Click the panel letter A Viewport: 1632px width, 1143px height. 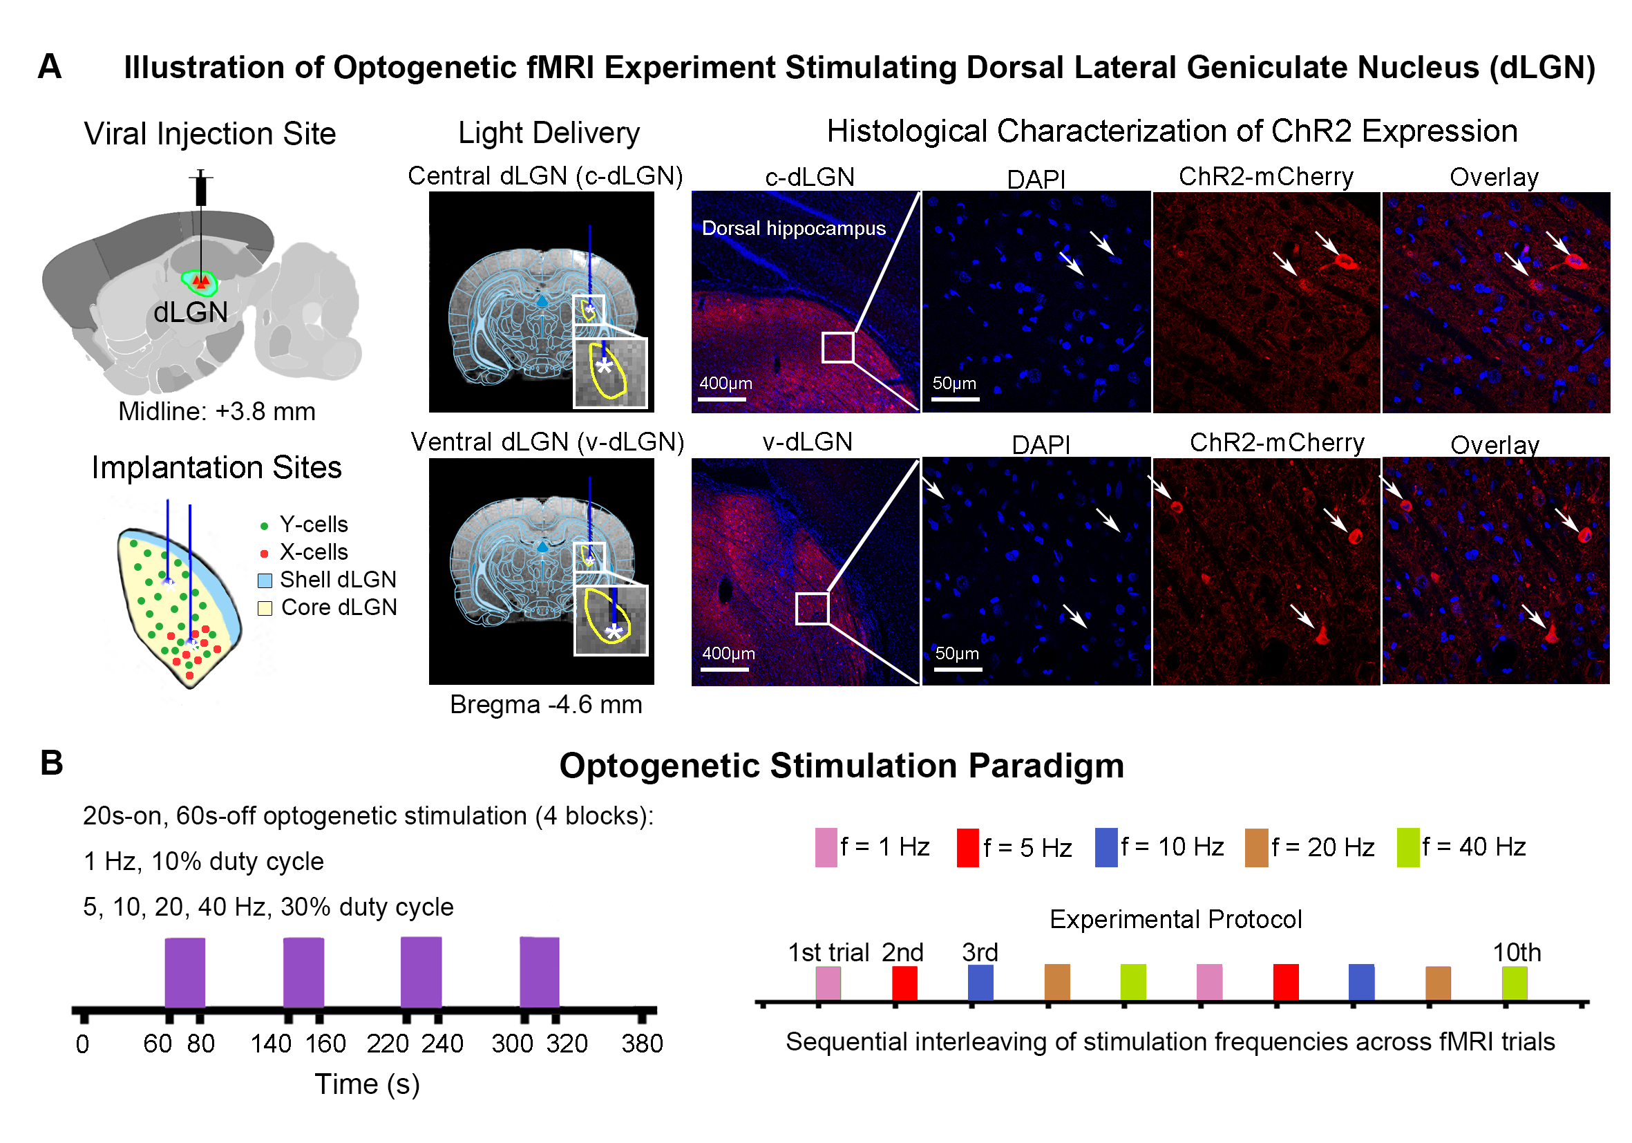click(49, 67)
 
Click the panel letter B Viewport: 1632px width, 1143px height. click(51, 763)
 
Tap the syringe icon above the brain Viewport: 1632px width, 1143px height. click(201, 189)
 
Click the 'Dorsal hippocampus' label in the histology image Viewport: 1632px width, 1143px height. click(793, 228)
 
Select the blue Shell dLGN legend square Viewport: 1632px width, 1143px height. click(265, 580)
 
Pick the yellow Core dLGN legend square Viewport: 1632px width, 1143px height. click(265, 608)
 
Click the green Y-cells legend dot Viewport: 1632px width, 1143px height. click(265, 526)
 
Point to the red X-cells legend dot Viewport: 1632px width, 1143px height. click(265, 553)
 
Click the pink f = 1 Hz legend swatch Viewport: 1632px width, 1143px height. click(825, 847)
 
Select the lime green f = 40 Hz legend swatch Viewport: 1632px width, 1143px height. click(1407, 847)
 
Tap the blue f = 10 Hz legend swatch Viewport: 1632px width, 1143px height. click(1106, 847)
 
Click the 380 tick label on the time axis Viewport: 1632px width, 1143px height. click(642, 1043)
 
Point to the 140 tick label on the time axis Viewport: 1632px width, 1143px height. click(271, 1043)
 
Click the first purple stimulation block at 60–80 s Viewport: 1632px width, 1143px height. click(184, 972)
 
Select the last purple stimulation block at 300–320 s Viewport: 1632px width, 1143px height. click(540, 972)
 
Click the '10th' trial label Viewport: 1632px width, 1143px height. click(1516, 952)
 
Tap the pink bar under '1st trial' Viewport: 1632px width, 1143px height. click(828, 982)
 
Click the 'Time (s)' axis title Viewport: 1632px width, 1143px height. click(367, 1085)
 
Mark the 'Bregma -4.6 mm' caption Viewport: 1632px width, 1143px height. click(546, 704)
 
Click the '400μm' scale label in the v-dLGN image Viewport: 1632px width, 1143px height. click(728, 653)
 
